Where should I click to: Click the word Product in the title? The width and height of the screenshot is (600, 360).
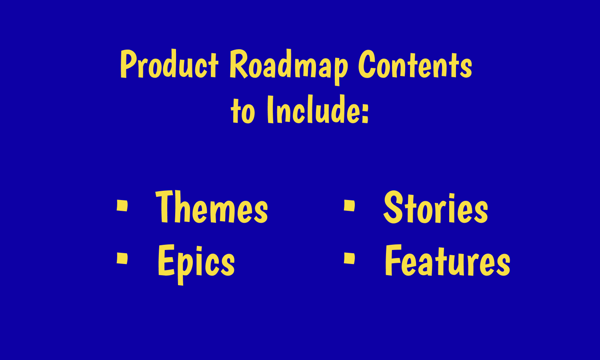pyautogui.click(x=169, y=64)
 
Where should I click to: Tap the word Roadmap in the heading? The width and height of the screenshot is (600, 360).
pyautogui.click(x=289, y=67)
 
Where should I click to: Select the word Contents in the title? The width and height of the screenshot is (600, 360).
pyautogui.click(x=415, y=64)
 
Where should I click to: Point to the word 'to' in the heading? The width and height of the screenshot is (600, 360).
pyautogui.click(x=243, y=111)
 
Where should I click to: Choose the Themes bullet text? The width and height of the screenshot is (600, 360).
pyautogui.click(x=212, y=206)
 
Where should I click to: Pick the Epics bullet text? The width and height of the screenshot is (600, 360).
pyautogui.click(x=196, y=264)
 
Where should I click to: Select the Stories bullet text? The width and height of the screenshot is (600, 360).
pyautogui.click(x=436, y=207)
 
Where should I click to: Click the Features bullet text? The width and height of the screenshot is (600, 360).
pyautogui.click(x=448, y=260)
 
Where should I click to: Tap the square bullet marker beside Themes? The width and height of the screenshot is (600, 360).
pyautogui.click(x=122, y=206)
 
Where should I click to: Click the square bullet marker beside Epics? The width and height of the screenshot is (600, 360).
pyautogui.click(x=122, y=258)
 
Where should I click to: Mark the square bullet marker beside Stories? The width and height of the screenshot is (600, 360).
pyautogui.click(x=349, y=206)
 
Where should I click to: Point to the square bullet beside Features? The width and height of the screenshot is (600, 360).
pyautogui.click(x=349, y=258)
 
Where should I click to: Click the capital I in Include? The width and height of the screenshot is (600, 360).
pyautogui.click(x=270, y=109)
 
